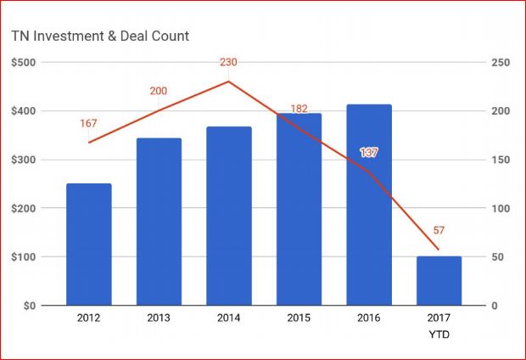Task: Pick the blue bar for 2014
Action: pos(229,216)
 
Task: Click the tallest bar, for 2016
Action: pos(369,205)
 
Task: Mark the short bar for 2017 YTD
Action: pos(439,280)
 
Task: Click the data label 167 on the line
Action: pos(88,124)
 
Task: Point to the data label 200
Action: pos(159,90)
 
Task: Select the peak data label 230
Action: pos(229,61)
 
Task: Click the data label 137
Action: pos(368,153)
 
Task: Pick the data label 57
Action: pos(439,230)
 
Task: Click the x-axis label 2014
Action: pos(229,318)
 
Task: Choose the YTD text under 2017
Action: pos(439,335)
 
